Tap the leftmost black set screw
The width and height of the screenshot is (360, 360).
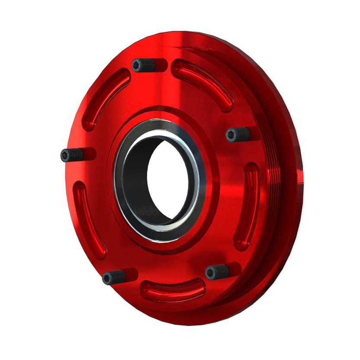coord(71,155)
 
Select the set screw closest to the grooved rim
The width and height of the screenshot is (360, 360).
coord(238,135)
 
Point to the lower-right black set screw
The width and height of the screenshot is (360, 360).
coord(216,272)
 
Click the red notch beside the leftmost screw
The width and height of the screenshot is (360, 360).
coord(89,154)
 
